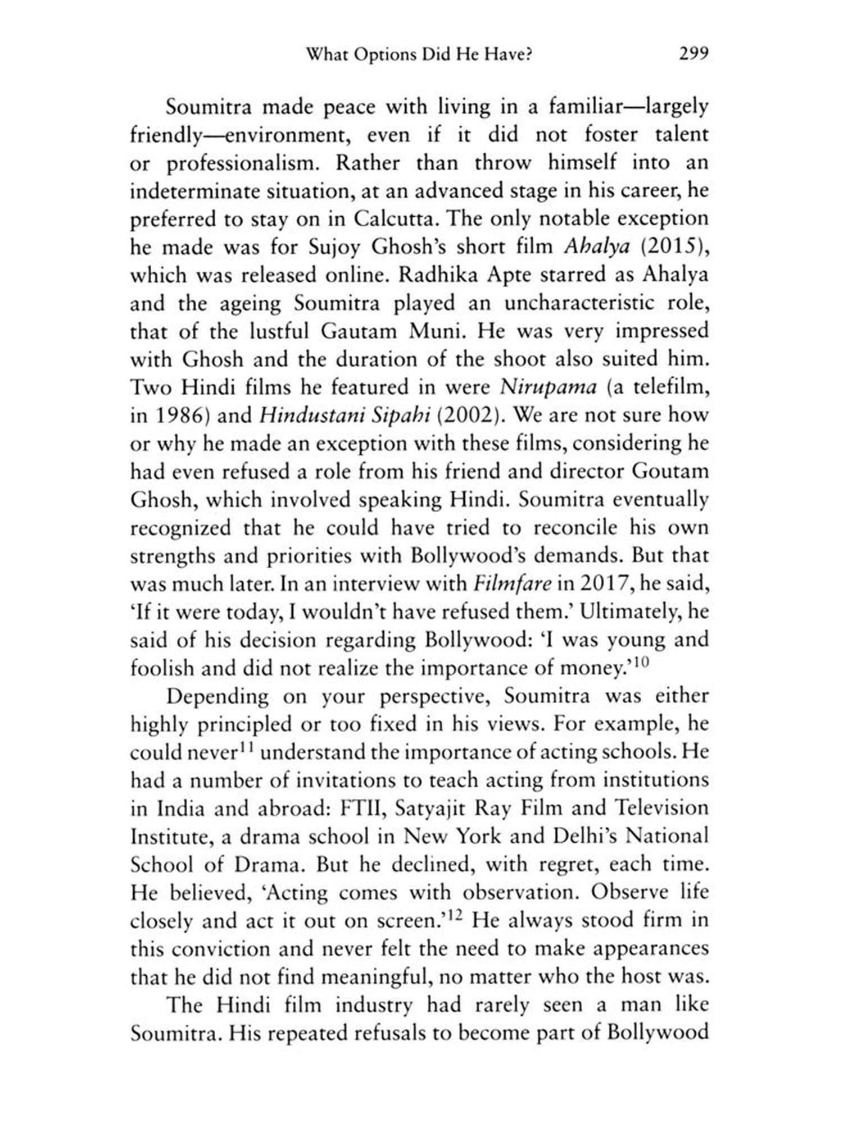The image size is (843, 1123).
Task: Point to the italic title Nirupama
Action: tap(548, 387)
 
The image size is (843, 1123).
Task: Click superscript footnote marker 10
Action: tap(642, 663)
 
